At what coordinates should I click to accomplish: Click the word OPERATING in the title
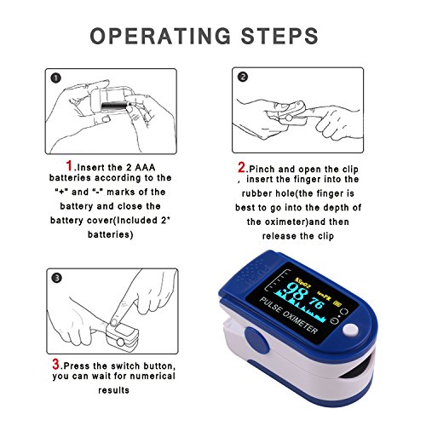tap(160, 36)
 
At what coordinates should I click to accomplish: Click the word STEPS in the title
tap(279, 36)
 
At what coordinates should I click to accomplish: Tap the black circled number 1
tap(56, 78)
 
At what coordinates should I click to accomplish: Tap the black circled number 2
tap(243, 77)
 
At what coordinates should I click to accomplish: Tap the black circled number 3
tap(57, 278)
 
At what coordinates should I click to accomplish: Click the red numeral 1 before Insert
tap(69, 165)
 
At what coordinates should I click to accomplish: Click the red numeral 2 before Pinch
tap(242, 167)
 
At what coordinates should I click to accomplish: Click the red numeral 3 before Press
tap(56, 364)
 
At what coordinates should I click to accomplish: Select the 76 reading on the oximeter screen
tap(316, 303)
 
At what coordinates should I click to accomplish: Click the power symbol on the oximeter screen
tap(335, 320)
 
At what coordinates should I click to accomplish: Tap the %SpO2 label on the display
tap(302, 283)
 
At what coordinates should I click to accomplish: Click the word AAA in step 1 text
tap(145, 168)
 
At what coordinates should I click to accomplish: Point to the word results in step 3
tap(113, 390)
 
